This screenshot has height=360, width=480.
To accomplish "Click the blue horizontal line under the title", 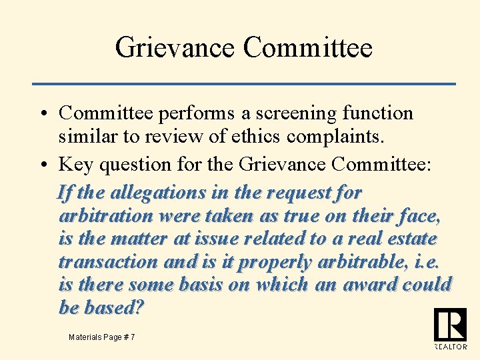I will pos(244,83).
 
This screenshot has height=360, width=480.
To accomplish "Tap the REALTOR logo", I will pos(450,328).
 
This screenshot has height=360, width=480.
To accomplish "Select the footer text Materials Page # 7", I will pos(101,337).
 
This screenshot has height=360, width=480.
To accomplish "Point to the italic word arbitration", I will pos(105,216).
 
